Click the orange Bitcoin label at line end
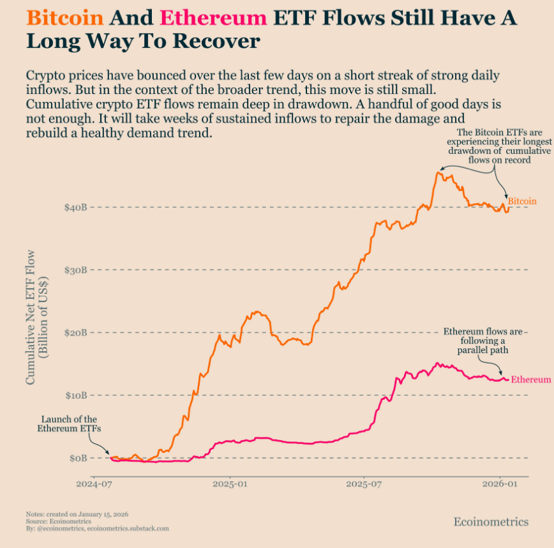(x=522, y=201)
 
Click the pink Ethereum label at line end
(x=531, y=379)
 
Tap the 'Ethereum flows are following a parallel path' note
(x=483, y=341)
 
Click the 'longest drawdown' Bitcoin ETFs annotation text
(x=490, y=146)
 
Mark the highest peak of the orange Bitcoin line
(x=438, y=172)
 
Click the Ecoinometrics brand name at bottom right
(x=491, y=522)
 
